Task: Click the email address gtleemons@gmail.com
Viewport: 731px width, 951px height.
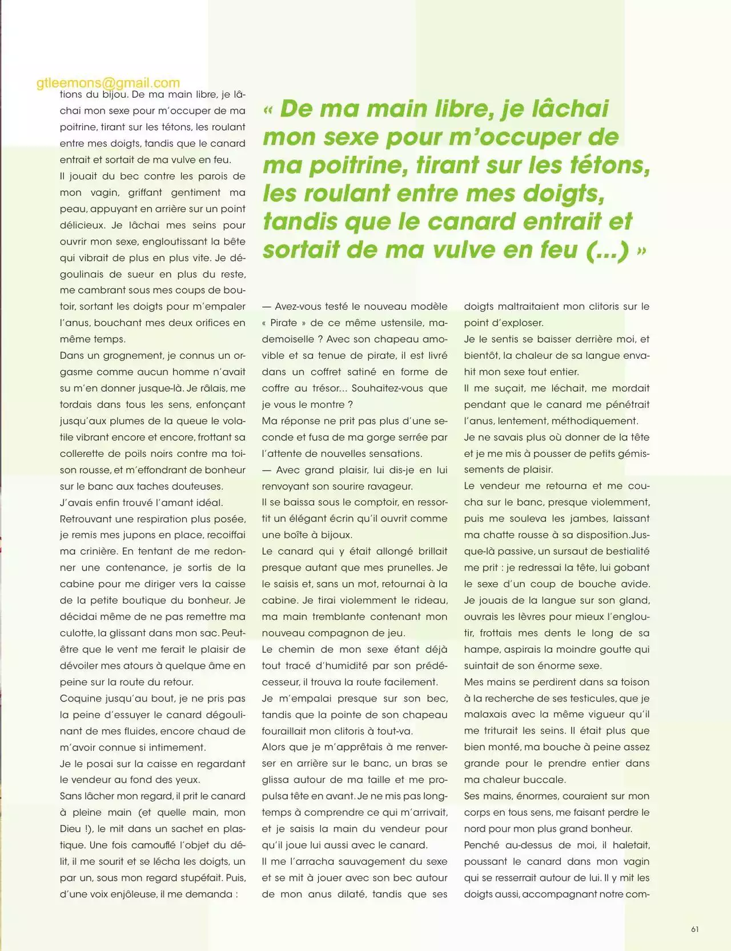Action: click(108, 83)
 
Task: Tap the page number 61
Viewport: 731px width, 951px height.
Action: click(694, 929)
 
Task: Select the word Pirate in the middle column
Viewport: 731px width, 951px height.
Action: click(284, 323)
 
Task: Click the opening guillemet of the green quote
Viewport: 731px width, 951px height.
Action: click(268, 110)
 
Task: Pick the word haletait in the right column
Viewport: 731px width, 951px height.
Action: click(631, 845)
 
